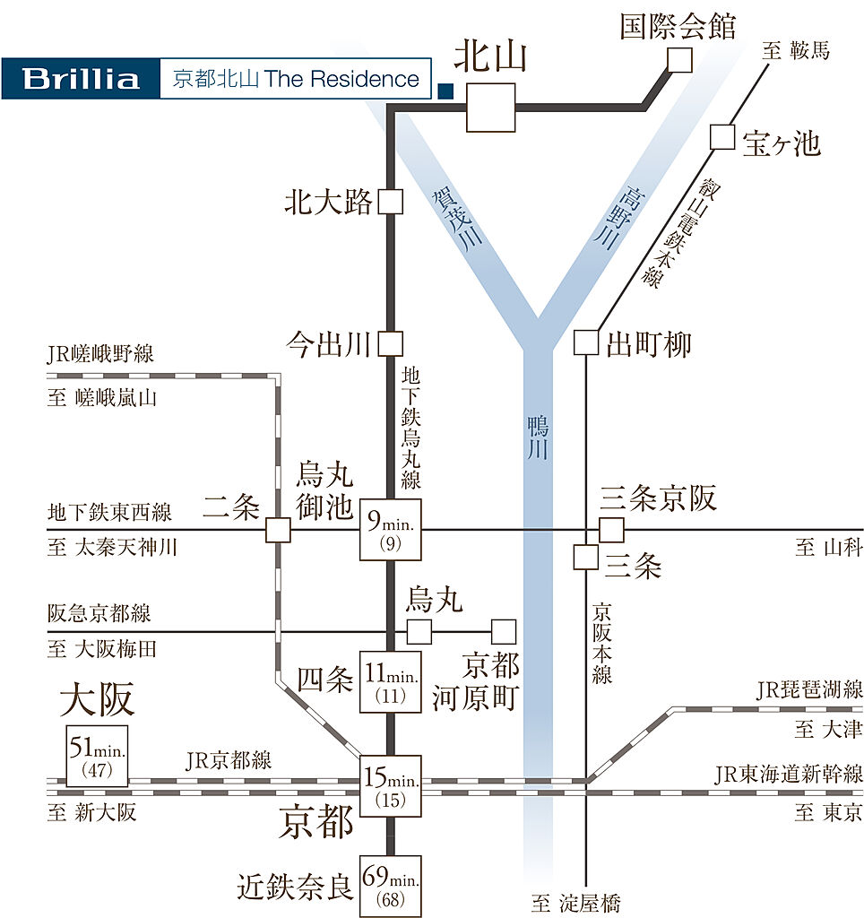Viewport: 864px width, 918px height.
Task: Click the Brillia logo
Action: pos(81,78)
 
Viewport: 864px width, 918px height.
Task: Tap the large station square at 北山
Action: pos(491,108)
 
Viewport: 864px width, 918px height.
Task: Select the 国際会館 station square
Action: pos(679,60)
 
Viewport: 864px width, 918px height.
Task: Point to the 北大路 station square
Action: pos(390,202)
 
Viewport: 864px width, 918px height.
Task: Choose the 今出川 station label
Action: pos(328,343)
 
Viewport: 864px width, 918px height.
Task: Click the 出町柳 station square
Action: pos(585,342)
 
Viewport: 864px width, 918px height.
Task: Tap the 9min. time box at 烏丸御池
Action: pos(390,530)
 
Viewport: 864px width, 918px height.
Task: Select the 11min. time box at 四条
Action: pos(390,681)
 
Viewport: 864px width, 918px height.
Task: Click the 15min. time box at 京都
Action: pos(390,785)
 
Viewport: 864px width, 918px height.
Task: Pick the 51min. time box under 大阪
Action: pos(97,756)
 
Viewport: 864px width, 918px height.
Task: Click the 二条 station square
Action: pos(278,531)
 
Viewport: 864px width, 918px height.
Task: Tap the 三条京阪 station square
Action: pos(611,530)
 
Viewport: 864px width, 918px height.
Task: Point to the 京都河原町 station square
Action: pos(504,631)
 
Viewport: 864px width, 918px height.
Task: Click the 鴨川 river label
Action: pos(536,437)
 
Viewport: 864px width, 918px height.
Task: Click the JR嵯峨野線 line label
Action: pos(100,354)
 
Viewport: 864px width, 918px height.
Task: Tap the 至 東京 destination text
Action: pos(828,812)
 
